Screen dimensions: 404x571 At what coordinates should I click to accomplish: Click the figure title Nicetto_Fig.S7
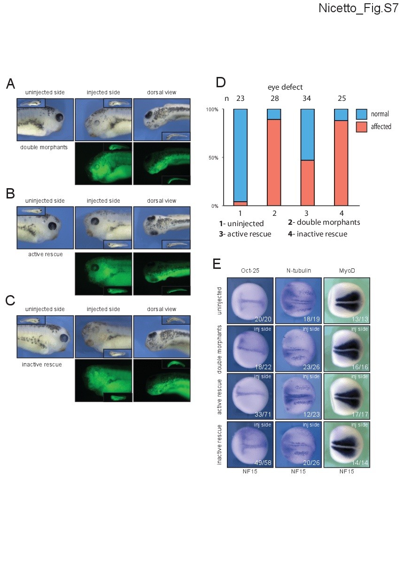coord(358,8)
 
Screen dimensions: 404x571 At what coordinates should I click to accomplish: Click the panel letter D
coord(220,82)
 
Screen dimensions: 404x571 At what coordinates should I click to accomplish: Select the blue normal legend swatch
coord(361,114)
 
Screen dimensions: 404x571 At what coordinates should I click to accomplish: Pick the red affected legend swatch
coord(361,127)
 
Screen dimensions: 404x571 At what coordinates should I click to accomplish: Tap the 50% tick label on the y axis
coord(213,158)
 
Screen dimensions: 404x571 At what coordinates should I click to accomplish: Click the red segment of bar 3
coord(307,183)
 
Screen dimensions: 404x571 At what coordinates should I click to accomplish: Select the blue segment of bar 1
coord(241,155)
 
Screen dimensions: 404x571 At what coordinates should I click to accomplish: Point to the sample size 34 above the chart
coord(306,99)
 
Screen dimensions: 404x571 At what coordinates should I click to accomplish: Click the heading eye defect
coord(285,87)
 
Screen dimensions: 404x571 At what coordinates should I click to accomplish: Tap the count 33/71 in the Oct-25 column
coord(263,414)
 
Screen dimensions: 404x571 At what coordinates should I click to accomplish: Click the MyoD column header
coord(347,271)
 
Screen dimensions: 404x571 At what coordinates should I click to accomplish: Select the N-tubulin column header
coord(299,271)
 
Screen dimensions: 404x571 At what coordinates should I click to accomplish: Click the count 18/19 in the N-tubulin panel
coord(311,319)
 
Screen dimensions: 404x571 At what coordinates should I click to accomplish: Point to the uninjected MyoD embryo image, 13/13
coord(347,301)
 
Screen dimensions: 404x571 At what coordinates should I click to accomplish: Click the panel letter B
coord(10,193)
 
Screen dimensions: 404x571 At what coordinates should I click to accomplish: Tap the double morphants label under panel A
coord(44,147)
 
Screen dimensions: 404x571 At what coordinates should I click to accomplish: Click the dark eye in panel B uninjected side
coord(53,226)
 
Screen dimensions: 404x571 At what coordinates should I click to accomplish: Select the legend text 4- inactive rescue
coord(318,234)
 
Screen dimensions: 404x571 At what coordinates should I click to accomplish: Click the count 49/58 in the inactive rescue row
coord(263,463)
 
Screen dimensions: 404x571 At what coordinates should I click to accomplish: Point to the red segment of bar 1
coord(241,204)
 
